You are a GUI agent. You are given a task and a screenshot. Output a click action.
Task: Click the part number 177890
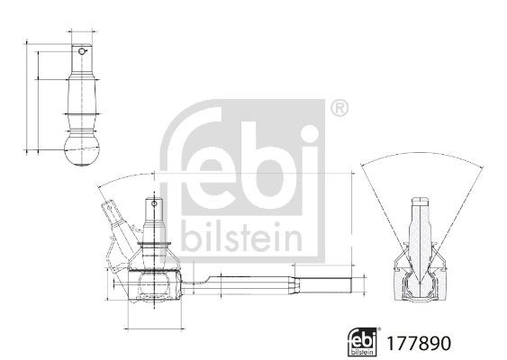coord(418,344)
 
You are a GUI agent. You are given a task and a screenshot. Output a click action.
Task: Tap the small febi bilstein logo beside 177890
coord(362,342)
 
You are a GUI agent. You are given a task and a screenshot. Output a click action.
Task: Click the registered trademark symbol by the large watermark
coord(340,108)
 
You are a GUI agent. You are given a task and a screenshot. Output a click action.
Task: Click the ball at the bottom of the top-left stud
coord(82,151)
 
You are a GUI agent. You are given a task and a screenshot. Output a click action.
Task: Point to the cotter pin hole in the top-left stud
coord(81,51)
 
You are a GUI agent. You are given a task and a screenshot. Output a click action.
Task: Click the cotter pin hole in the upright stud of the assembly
coord(154,203)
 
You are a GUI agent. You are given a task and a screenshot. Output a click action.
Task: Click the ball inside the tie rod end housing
coord(154,284)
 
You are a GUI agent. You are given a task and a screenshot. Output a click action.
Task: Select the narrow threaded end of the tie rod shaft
coord(326,284)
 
